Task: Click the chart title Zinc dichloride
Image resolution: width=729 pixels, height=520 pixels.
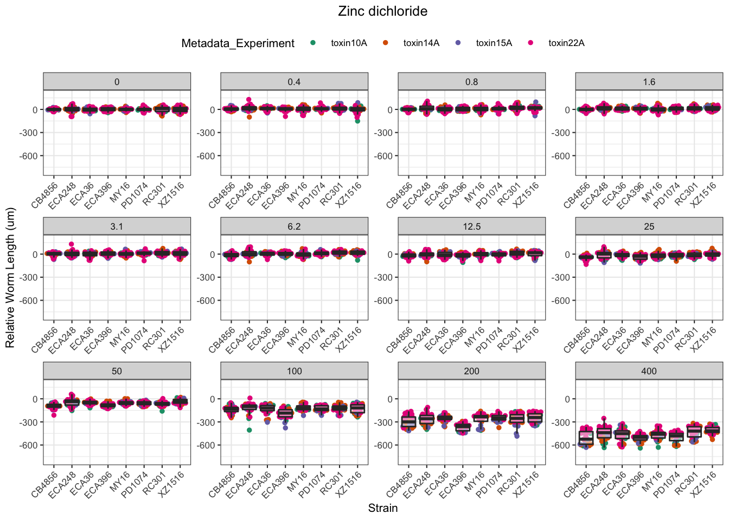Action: pos(382,11)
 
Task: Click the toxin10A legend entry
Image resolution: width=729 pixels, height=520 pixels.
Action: pos(349,43)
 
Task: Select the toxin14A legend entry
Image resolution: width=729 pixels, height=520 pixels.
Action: pos(421,43)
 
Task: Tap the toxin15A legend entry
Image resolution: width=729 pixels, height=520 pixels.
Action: pos(494,43)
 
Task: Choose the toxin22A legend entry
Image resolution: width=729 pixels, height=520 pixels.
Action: pos(566,43)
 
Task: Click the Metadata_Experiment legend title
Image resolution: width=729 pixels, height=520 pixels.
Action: pos(238,43)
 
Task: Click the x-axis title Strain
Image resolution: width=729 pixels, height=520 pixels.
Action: pos(382,508)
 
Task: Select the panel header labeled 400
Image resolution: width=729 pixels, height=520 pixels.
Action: pos(649,371)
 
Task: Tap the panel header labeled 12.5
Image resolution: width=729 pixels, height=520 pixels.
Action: pos(471,226)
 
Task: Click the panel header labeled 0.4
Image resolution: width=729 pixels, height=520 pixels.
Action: pos(294,82)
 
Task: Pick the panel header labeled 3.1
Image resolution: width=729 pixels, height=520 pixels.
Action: pos(117,226)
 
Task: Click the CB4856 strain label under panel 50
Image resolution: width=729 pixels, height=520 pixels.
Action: pos(45,484)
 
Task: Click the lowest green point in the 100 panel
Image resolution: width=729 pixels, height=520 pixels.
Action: pos(249,430)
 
